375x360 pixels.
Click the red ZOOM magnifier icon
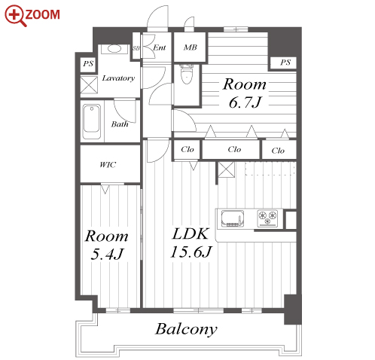[x=15, y=16]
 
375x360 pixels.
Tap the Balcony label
[x=186, y=329]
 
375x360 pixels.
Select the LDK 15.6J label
[x=191, y=243]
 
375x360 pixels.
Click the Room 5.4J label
[x=107, y=245]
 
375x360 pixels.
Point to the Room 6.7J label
[x=245, y=93]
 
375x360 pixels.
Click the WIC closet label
[x=108, y=165]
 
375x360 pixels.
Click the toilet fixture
[x=187, y=74]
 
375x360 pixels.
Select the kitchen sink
[x=233, y=218]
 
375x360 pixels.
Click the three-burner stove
[x=267, y=218]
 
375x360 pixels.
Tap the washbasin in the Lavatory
[x=114, y=48]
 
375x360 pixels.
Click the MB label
[x=190, y=47]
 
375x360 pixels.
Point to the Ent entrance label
[x=160, y=47]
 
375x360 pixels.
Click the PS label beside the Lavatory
[x=88, y=63]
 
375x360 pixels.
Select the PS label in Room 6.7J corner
[x=285, y=62]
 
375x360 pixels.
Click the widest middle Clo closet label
[x=234, y=149]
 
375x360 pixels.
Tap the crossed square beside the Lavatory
[x=89, y=85]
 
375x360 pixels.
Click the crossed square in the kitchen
[x=227, y=169]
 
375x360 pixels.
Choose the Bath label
[x=120, y=124]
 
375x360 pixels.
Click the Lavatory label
[x=118, y=78]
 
